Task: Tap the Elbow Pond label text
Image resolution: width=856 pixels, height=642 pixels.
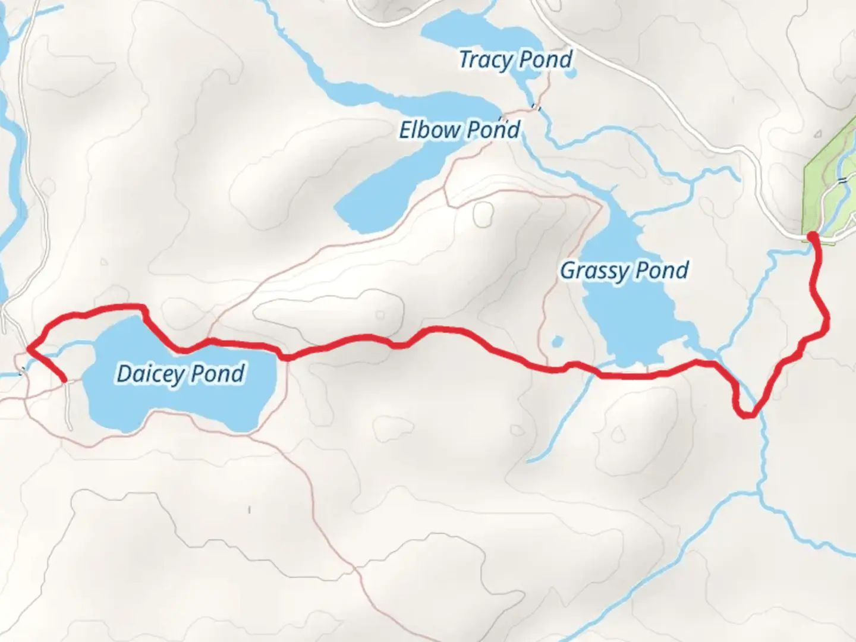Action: pyautogui.click(x=460, y=130)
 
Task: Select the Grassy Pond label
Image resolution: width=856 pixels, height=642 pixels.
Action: pyautogui.click(x=624, y=270)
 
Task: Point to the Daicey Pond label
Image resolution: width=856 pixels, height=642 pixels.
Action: pyautogui.click(x=181, y=373)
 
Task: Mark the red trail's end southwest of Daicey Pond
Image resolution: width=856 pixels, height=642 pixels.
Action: pyautogui.click(x=64, y=379)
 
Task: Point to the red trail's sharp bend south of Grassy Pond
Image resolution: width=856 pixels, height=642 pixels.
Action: pyautogui.click(x=747, y=414)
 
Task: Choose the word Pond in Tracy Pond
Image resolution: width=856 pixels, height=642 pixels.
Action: pyautogui.click(x=544, y=59)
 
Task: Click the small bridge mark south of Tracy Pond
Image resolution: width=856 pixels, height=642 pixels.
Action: pyautogui.click(x=536, y=107)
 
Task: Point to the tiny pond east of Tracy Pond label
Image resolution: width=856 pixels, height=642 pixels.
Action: pyautogui.click(x=571, y=75)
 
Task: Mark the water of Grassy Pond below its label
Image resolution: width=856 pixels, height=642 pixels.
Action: pyautogui.click(x=630, y=321)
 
